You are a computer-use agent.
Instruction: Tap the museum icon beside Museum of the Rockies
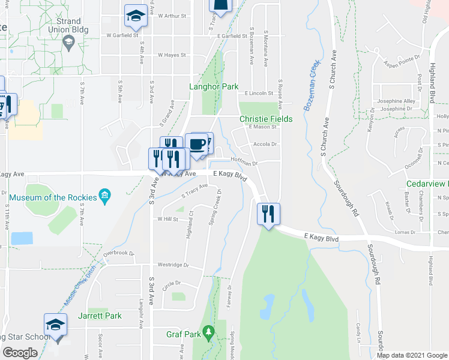pos(105,196)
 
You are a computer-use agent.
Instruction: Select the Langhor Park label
pos(214,87)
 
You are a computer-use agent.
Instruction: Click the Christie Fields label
pos(266,119)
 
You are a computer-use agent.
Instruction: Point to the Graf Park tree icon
pos(208,331)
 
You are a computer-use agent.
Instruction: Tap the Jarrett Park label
pos(100,316)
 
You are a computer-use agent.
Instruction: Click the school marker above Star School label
pos(55,325)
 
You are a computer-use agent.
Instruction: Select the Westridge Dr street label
pos(173,265)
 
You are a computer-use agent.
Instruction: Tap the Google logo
pos(20,353)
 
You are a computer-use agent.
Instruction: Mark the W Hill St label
pos(167,219)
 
